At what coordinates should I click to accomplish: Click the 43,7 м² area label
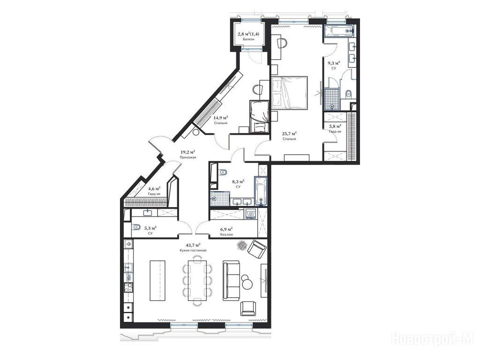tap(193, 245)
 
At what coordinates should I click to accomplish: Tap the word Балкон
tap(248, 39)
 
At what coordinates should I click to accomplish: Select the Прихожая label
tap(187, 157)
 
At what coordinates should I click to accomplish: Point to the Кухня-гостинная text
tap(193, 250)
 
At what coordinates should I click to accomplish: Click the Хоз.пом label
tap(226, 235)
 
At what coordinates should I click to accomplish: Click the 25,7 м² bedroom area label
tap(289, 134)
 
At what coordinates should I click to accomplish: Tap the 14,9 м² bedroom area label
tap(220, 118)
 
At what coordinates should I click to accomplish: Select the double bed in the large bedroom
tap(289, 92)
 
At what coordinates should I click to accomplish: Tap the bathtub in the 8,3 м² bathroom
tap(261, 191)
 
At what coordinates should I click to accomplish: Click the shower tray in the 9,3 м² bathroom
tap(332, 99)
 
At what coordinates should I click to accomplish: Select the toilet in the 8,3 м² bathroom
tap(223, 172)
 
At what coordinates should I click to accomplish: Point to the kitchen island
tap(157, 280)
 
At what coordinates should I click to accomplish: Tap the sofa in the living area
tap(231, 280)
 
